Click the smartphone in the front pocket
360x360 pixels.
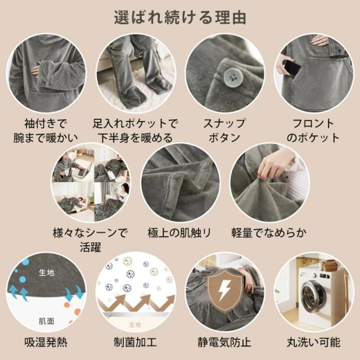point(292,68)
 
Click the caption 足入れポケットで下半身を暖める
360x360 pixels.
point(135,130)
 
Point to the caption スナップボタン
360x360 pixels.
point(225,130)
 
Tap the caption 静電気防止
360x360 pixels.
point(225,342)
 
